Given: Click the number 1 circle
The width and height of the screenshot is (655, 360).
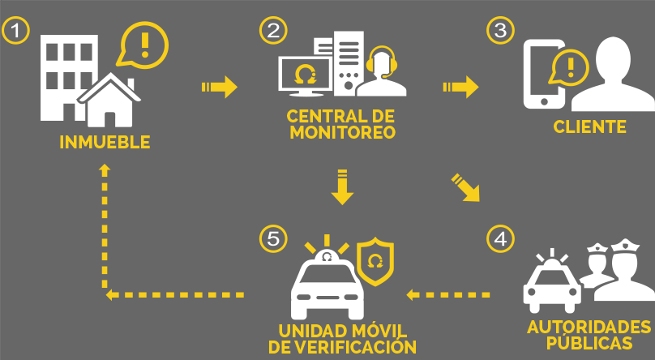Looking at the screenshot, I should click(16, 31).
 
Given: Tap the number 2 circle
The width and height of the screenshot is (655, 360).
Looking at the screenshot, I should click(273, 31).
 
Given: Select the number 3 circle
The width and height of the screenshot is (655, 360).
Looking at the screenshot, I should click(500, 31).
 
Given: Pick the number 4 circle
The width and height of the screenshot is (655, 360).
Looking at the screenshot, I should click(500, 238).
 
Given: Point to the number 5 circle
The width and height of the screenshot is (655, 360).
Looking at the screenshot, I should click(273, 238).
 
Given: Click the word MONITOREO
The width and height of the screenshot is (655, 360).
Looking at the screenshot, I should click(342, 131).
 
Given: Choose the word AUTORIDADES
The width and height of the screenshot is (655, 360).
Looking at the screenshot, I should click(589, 327).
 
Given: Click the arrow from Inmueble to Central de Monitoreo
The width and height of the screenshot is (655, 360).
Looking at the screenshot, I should click(219, 86).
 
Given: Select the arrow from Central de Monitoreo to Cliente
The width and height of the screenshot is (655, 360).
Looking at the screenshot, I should click(460, 86).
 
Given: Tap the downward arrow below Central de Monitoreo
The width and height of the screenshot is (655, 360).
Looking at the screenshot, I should click(342, 186).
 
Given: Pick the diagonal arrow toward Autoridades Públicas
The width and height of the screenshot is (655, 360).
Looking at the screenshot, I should click(465, 186).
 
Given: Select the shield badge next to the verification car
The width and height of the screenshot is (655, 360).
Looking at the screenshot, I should click(375, 261).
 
